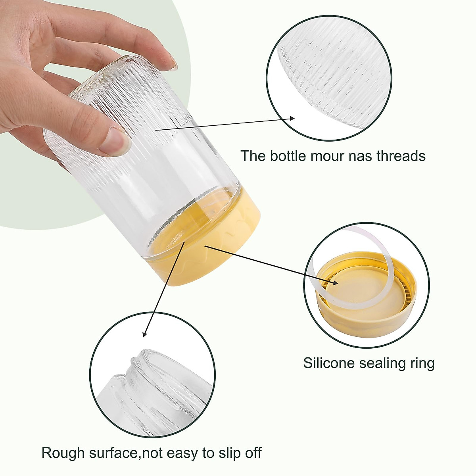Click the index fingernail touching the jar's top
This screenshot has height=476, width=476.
(173, 63)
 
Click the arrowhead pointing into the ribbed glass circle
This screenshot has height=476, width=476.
(292, 117)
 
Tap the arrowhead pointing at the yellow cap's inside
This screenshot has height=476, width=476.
(335, 282)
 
